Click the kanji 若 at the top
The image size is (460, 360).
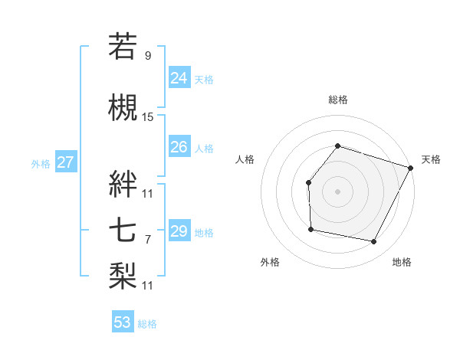tap(123, 46)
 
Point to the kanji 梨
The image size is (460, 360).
tap(123, 273)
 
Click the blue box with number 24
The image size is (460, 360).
tap(179, 77)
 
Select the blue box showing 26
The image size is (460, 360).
tap(179, 147)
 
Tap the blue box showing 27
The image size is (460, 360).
tap(65, 162)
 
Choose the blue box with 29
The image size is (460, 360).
tap(179, 231)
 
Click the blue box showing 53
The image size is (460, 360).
tap(123, 322)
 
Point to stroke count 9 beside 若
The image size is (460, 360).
tap(148, 55)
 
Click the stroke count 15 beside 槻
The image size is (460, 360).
tap(148, 117)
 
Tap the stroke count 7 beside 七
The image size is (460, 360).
tap(148, 240)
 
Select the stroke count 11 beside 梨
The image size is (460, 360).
tap(148, 286)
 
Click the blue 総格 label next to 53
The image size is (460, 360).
tap(147, 324)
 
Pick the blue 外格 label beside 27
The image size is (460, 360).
tap(41, 163)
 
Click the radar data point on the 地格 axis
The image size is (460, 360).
tap(374, 242)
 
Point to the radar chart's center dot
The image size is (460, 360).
tap(337, 191)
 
